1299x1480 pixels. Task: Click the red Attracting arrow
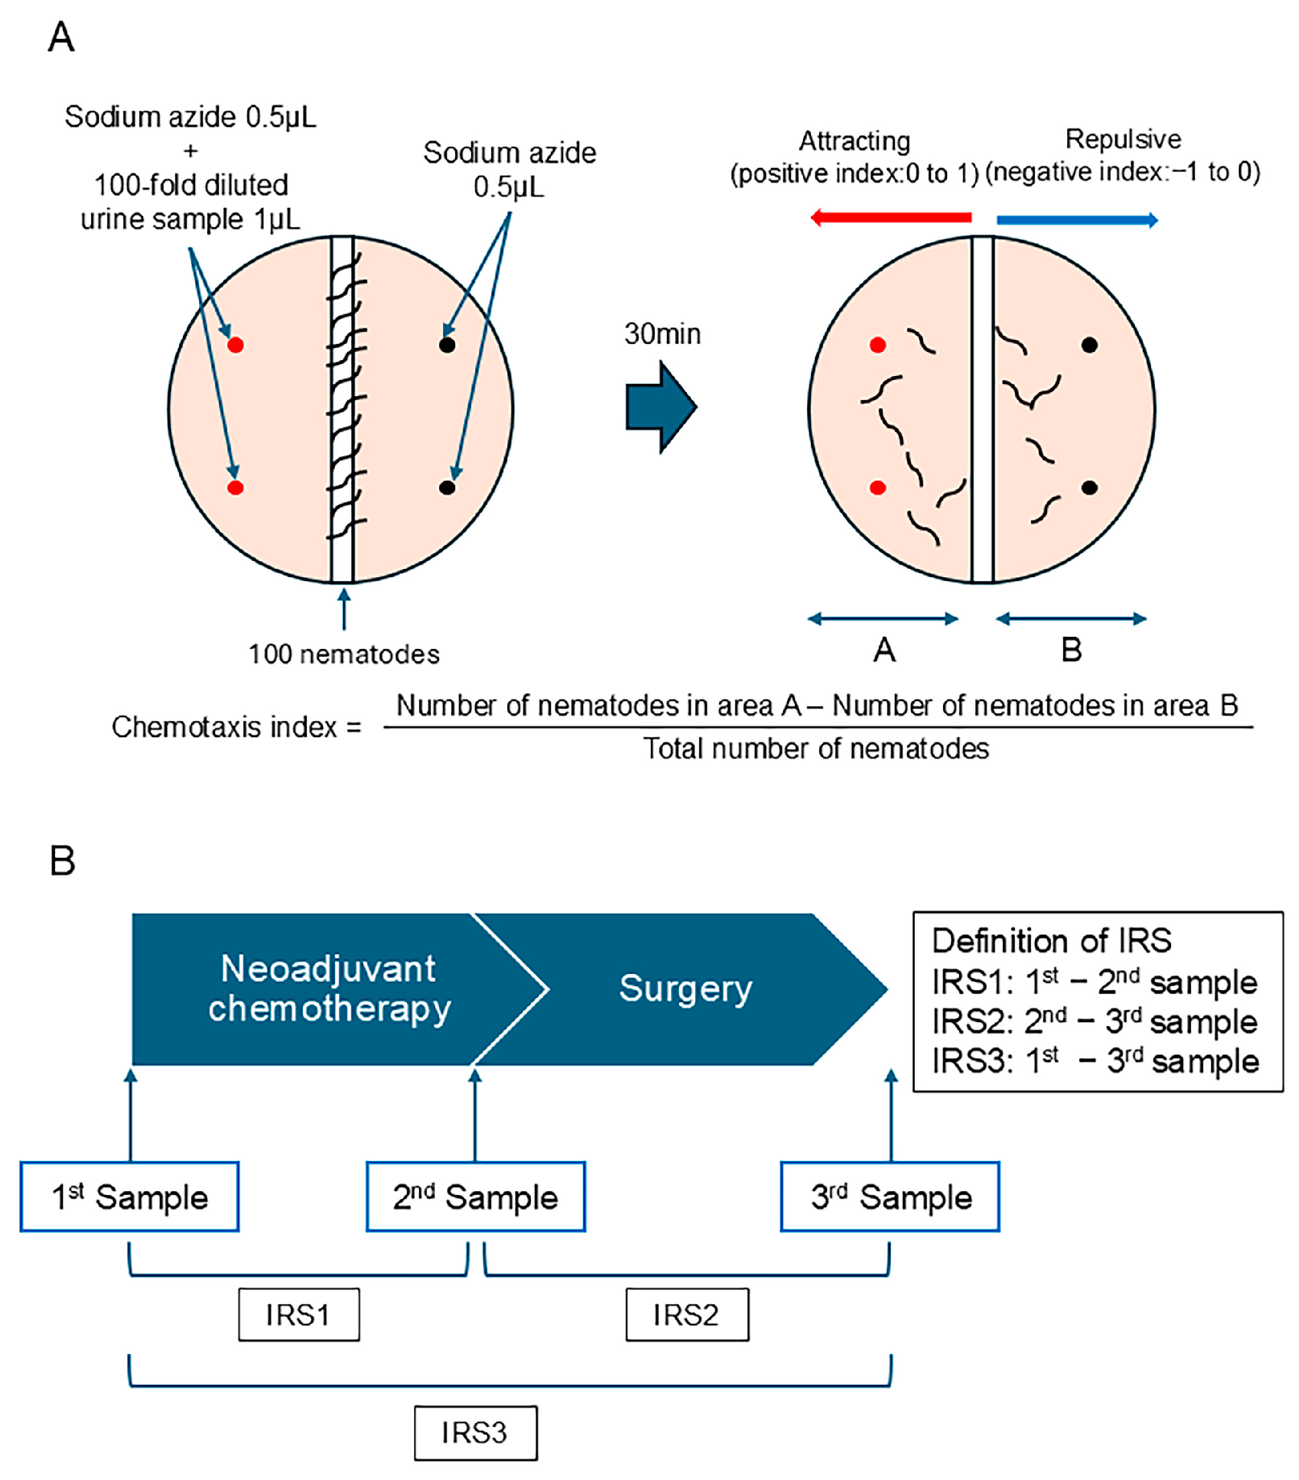coord(890,217)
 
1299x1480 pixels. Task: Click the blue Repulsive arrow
coord(1076,220)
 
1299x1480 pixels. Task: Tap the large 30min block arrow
coord(660,408)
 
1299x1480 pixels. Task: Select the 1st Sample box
coord(129,1197)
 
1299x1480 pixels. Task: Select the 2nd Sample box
coord(475,1197)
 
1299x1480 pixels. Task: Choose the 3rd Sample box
coord(890,1197)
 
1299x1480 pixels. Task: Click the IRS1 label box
coord(299,1314)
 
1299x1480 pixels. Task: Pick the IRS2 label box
coord(687,1314)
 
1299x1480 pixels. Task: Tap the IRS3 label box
coord(476,1433)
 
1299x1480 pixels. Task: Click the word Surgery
coord(686,989)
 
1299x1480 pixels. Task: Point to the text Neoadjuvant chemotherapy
coord(330,989)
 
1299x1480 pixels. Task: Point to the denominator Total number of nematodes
coord(816,748)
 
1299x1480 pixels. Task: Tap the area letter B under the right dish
coord(1072,650)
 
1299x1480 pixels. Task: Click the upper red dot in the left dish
coord(235,345)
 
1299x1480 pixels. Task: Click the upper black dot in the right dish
coord(1090,345)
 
